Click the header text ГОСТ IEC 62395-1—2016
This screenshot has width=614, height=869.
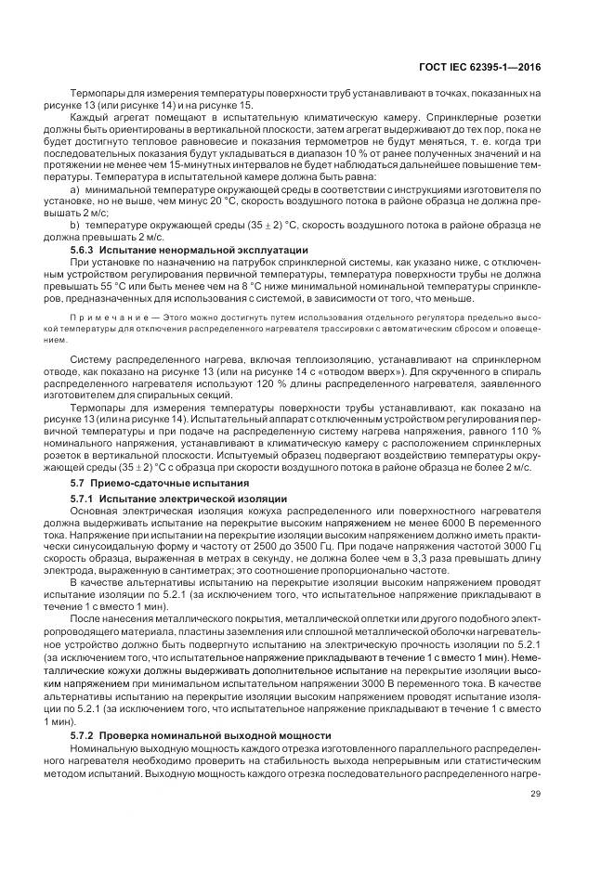point(491,68)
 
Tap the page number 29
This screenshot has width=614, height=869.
point(535,793)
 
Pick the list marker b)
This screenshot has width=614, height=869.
point(75,226)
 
